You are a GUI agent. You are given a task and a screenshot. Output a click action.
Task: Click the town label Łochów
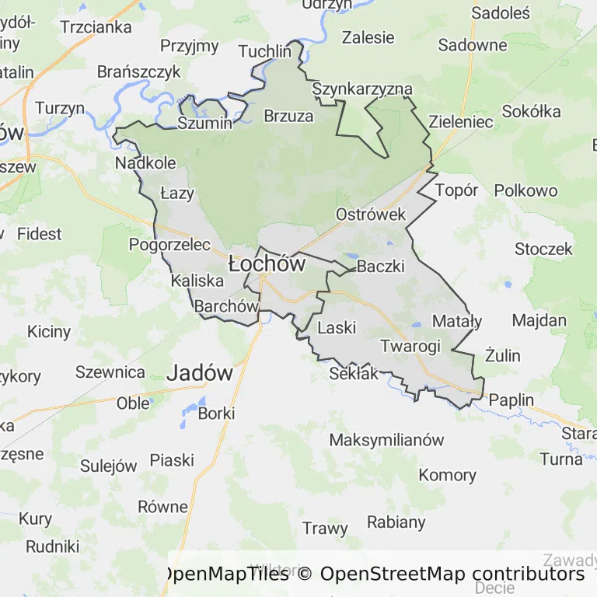tap(267, 264)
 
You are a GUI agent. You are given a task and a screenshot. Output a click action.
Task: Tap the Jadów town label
tap(201, 373)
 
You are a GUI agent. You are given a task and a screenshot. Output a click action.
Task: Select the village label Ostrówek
tap(371, 214)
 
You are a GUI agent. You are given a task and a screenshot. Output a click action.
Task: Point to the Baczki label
tap(380, 267)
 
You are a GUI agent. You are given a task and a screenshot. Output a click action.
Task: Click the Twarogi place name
tap(410, 346)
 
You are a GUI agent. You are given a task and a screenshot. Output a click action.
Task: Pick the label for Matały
tap(456, 321)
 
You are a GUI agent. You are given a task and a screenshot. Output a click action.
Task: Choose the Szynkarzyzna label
tap(361, 89)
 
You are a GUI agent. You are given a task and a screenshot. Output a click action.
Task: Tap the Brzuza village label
tap(288, 117)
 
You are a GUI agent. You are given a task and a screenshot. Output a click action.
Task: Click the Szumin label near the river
tap(204, 124)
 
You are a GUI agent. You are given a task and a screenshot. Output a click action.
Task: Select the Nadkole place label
tap(145, 163)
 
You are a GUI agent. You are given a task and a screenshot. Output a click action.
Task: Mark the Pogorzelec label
tap(169, 245)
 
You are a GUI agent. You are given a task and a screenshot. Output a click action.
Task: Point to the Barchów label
tap(225, 306)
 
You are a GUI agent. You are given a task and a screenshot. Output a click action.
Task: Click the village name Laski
tap(337, 327)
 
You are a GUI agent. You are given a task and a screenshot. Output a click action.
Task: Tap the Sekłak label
tap(354, 374)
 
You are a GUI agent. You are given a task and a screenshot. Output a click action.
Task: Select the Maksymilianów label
tap(386, 440)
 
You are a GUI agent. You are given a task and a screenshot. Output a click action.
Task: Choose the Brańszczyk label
tap(138, 72)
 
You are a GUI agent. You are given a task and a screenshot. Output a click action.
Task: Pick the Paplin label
tap(511, 400)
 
